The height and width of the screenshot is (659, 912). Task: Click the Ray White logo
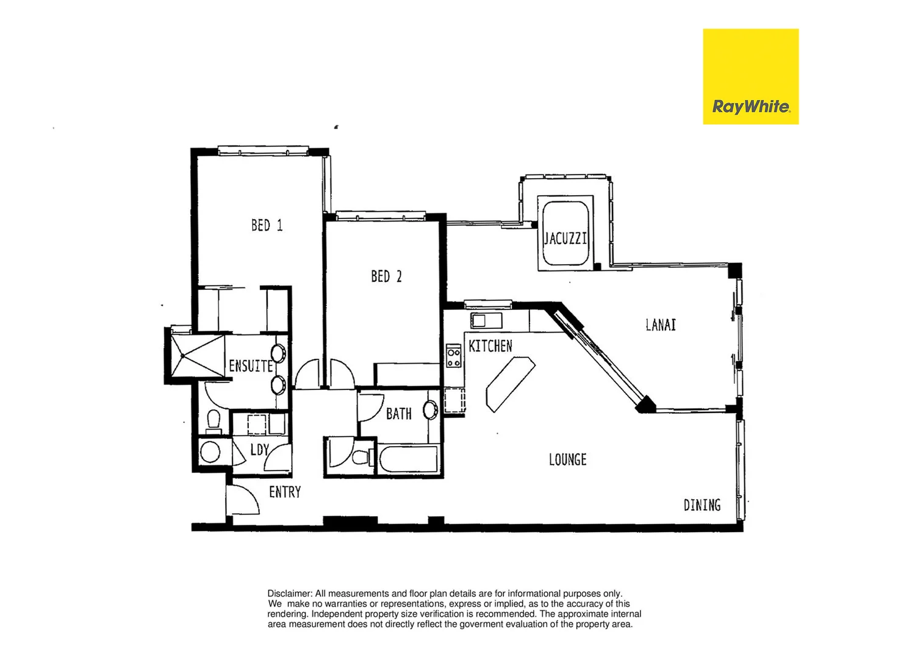pos(750,77)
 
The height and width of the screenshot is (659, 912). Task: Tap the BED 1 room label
pos(267,225)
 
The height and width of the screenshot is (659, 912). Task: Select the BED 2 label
pos(386,276)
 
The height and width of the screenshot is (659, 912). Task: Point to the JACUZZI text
pos(566,238)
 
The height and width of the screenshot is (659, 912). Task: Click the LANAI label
pos(661,325)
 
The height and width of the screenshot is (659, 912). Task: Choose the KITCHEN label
pos(490,346)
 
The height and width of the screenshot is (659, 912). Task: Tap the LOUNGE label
pos(567,459)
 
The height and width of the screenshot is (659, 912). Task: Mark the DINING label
pos(702,505)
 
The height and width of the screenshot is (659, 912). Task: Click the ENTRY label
pos(285,492)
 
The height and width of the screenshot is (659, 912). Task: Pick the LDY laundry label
pos(259,450)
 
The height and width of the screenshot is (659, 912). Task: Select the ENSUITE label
pos(250,366)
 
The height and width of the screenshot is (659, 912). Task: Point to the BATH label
pos(398,414)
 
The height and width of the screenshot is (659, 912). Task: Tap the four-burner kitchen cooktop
pos(453,356)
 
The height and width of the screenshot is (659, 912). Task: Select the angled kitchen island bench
pos(510,384)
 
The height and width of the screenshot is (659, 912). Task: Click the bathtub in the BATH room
pos(408,459)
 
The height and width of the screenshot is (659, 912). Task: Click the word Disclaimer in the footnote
pos(290,593)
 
